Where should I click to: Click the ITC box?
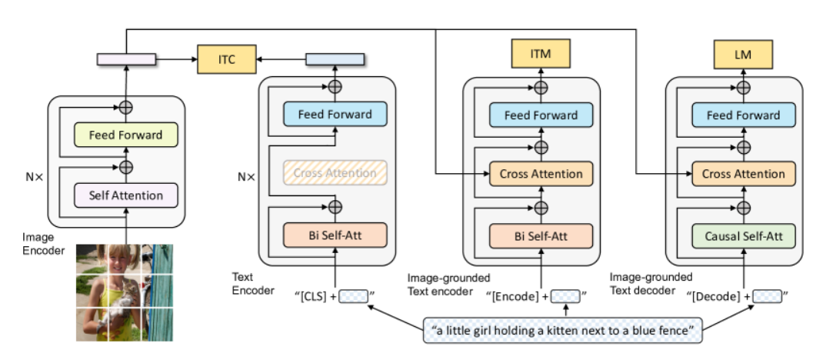pos(227,59)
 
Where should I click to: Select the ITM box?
pos(540,54)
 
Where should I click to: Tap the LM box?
pos(743,54)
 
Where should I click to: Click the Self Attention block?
pos(126,195)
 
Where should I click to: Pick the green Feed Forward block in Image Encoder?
pos(126,135)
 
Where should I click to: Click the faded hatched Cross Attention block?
pos(335,173)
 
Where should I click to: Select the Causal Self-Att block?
pos(743,235)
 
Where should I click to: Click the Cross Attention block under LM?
pos(743,174)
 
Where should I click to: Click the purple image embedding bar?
pos(126,59)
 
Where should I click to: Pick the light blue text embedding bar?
pos(335,59)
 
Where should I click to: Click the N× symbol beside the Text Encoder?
pos(246,176)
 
